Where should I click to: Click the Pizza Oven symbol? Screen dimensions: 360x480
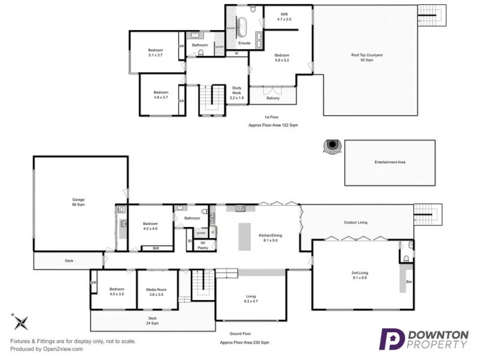point(332,146)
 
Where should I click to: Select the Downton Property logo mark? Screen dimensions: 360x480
point(392,339)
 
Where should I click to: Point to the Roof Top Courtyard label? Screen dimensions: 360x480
point(367,58)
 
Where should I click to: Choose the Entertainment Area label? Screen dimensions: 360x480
point(390,162)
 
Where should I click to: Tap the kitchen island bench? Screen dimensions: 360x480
point(244,236)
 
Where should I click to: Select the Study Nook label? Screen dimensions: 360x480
point(237,93)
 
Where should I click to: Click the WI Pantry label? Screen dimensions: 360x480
point(203,245)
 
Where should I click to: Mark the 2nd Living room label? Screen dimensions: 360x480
point(359,275)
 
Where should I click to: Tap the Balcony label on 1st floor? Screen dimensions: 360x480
point(273,98)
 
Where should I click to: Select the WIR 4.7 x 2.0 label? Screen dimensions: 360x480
point(284,17)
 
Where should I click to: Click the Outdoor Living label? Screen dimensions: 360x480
point(355,223)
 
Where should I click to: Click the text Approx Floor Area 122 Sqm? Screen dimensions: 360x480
point(273,125)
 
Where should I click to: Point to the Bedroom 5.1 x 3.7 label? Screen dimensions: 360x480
point(155,52)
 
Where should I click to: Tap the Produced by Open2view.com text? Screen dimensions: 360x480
point(46,349)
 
